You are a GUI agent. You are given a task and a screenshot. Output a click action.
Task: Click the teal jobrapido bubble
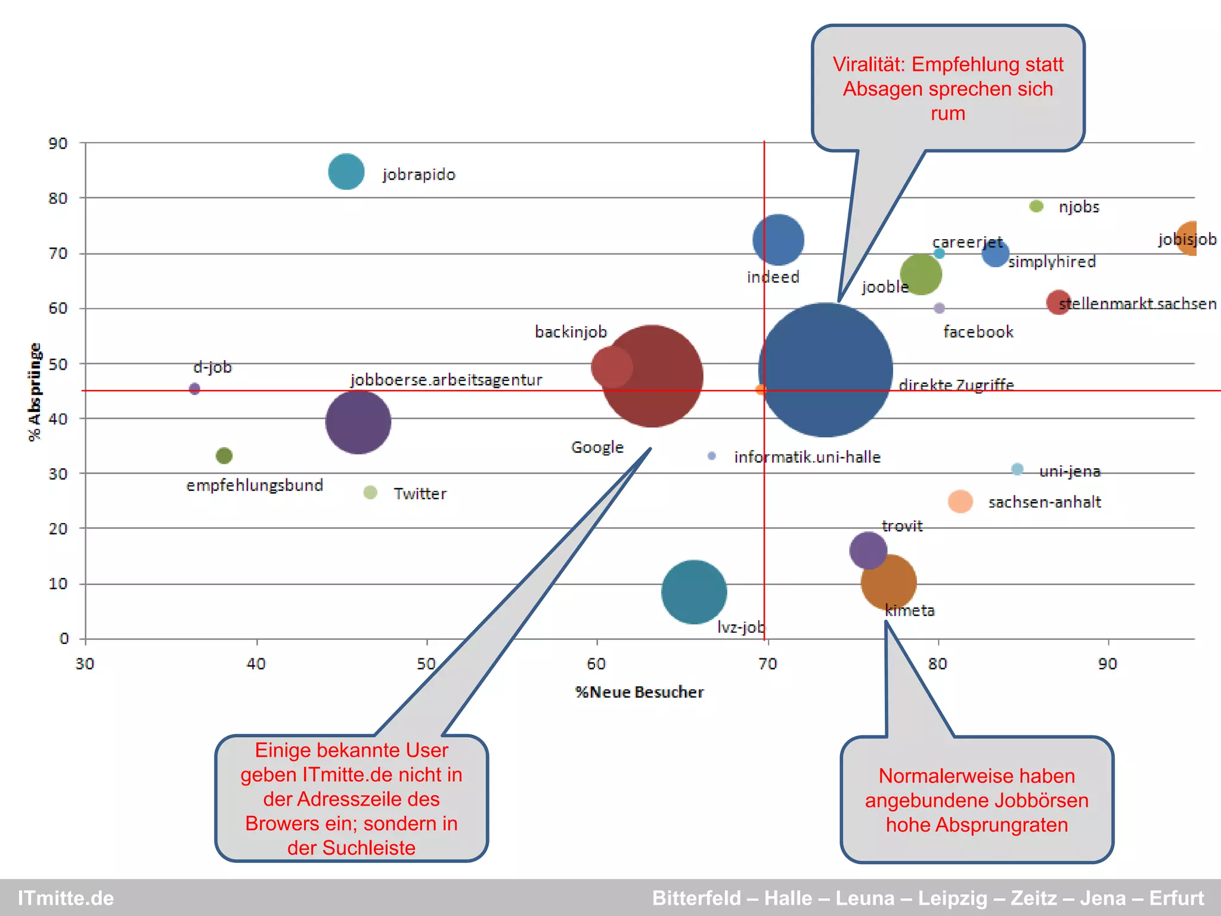point(346,172)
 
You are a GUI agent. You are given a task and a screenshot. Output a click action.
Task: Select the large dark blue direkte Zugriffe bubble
point(825,370)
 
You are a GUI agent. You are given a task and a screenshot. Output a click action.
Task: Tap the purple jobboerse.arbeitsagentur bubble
point(358,422)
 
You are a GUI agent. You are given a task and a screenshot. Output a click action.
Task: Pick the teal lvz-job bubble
point(694,592)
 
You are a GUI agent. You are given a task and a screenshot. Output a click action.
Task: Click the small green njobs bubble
point(1036,206)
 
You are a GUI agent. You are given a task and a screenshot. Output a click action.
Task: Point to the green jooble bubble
point(921,274)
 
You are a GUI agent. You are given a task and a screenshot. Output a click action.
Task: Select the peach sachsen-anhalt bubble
point(960,502)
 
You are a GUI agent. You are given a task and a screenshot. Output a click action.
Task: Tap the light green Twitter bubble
point(370,493)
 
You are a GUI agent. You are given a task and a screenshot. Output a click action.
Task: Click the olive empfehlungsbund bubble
point(224,456)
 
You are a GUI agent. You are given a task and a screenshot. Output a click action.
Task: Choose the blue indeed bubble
point(778,240)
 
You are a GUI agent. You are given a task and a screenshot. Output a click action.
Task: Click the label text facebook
point(978,332)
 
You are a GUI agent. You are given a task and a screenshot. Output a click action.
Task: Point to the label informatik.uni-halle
point(807,457)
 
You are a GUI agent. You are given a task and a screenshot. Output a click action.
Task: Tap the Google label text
point(597,447)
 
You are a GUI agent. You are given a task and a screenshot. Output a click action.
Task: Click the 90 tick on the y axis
point(58,143)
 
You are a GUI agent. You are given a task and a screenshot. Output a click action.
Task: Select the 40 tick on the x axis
point(256,664)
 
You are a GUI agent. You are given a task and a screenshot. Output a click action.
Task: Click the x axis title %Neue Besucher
point(639,692)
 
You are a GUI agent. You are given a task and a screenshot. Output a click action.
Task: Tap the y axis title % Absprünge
point(35,392)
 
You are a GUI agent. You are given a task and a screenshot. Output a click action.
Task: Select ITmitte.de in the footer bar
point(66,898)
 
